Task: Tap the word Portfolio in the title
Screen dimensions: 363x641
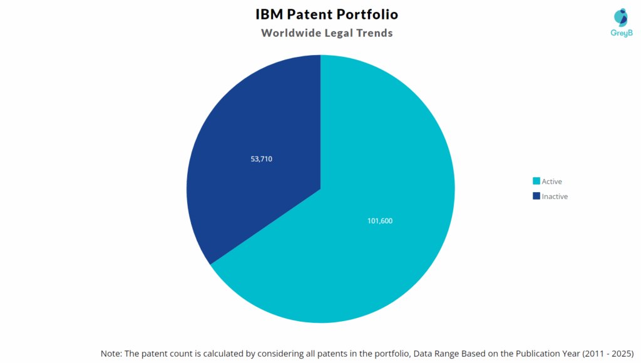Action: [369, 14]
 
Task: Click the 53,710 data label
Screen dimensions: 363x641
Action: [261, 159]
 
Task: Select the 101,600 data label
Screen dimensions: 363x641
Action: [380, 220]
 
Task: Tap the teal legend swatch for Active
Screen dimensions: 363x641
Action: [536, 181]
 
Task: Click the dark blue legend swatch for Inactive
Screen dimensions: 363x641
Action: [536, 196]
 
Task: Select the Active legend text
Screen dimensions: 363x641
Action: [551, 181]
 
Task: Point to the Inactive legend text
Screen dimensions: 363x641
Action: [555, 196]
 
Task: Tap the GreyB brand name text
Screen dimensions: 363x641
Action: [621, 33]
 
